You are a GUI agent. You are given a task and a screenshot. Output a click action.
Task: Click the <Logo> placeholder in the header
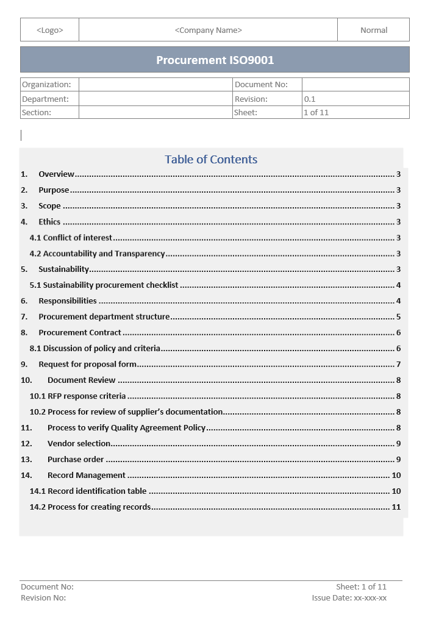[x=49, y=30]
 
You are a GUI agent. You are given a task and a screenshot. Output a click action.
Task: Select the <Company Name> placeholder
[x=208, y=30]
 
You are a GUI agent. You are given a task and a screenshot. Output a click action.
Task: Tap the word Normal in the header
[x=374, y=30]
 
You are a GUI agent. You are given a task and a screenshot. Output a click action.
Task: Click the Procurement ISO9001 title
[x=215, y=60]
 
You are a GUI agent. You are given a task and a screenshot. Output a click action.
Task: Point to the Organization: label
[x=46, y=85]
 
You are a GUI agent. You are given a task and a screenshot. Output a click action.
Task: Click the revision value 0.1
[x=310, y=99]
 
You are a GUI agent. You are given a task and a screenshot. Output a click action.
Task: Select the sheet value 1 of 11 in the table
[x=316, y=112]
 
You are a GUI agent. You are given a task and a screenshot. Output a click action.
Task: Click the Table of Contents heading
[x=211, y=160]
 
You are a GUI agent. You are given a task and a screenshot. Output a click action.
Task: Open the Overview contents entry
[x=56, y=174]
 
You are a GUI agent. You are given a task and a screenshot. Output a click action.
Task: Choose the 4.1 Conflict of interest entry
[x=71, y=238]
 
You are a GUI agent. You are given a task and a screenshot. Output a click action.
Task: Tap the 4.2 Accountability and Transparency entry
[x=98, y=254]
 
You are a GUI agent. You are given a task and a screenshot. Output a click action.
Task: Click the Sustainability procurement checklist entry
[x=104, y=285]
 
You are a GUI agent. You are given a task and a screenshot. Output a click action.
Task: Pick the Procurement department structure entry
[x=104, y=317]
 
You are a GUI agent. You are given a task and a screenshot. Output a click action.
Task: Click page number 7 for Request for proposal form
[x=398, y=365]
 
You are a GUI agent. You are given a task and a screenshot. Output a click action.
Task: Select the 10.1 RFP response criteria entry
[x=78, y=396]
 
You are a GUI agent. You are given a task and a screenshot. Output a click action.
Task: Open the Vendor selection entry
[x=79, y=444]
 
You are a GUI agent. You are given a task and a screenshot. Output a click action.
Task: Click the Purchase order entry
[x=76, y=460]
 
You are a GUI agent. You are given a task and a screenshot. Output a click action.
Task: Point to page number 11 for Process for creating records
[x=396, y=507]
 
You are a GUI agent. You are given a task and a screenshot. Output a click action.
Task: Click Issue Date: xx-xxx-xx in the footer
[x=349, y=598]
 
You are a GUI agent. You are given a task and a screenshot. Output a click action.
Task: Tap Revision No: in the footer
[x=43, y=598]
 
